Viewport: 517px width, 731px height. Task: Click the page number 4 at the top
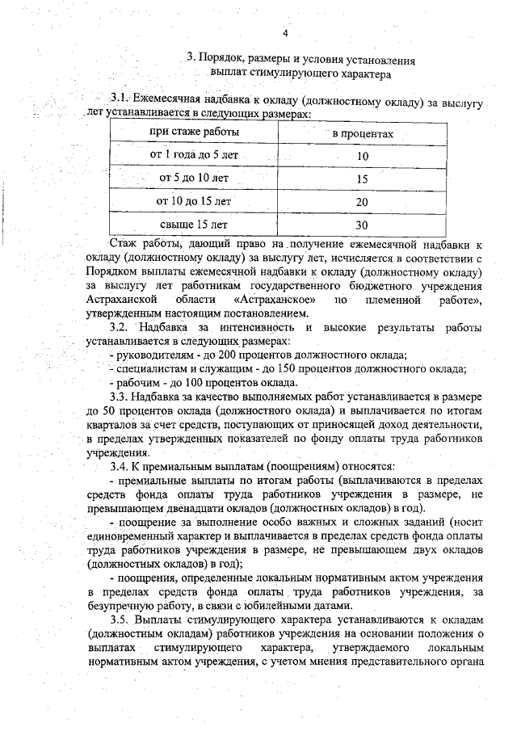point(286,33)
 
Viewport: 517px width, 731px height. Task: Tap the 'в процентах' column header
point(363,133)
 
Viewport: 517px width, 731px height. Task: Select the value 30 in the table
point(362,225)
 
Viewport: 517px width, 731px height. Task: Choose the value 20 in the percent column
point(362,202)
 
